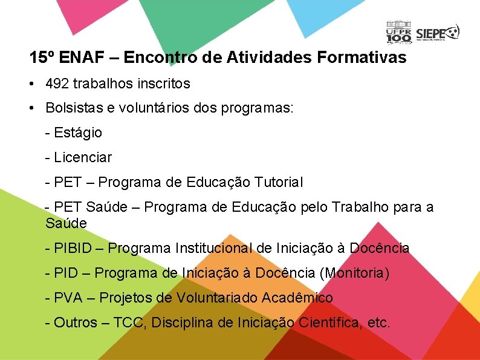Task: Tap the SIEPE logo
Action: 438,33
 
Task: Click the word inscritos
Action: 163,83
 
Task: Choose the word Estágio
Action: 78,133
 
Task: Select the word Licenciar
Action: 83,157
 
